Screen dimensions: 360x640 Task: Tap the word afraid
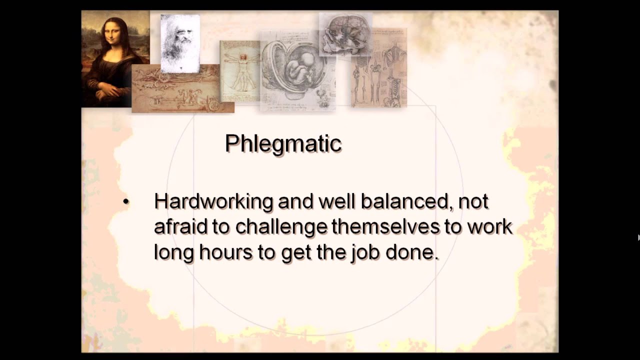pyautogui.click(x=180, y=226)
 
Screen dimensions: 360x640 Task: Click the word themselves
pyautogui.click(x=385, y=226)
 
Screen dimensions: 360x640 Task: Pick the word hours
pyautogui.click(x=226, y=252)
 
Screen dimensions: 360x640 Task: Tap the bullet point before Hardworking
pyautogui.click(x=125, y=202)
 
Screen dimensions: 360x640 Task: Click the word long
pyautogui.click(x=173, y=252)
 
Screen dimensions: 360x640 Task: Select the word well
pyautogui.click(x=339, y=201)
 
